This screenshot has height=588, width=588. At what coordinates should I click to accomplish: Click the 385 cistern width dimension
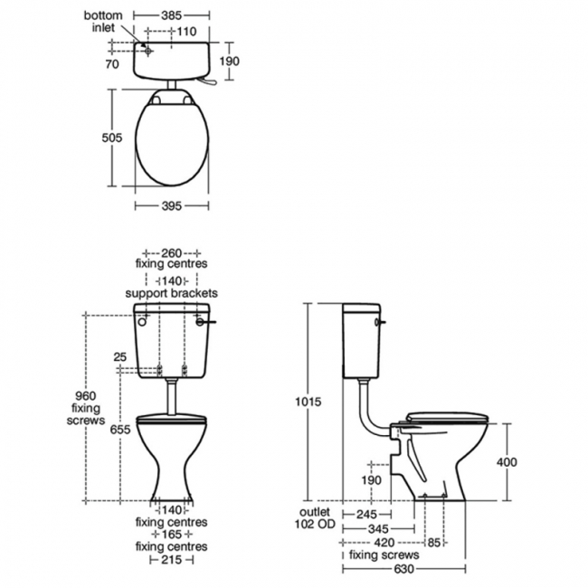(x=171, y=15)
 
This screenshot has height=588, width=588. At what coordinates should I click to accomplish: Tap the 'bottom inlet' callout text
(x=103, y=22)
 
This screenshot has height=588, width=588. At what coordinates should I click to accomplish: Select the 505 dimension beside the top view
(x=112, y=138)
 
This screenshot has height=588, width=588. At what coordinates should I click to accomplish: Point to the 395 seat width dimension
(x=171, y=206)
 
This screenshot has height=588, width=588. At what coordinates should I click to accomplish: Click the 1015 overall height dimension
(x=308, y=402)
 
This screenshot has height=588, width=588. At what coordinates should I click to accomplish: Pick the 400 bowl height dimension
(x=507, y=462)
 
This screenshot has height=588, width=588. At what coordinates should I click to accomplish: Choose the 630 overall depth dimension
(x=403, y=569)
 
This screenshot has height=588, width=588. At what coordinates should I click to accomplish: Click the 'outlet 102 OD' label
(x=315, y=517)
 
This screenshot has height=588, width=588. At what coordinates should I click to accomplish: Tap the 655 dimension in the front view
(x=120, y=430)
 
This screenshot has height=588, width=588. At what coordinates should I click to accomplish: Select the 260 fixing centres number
(x=171, y=252)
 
